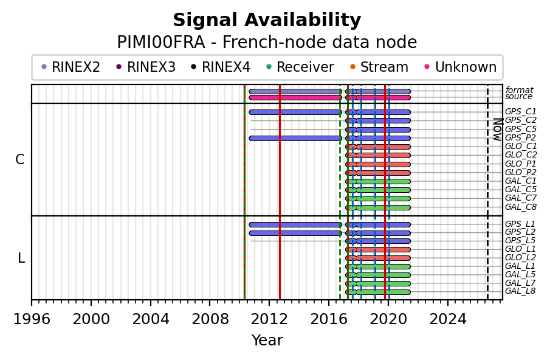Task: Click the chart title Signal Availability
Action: (x=267, y=20)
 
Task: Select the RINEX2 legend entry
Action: (x=71, y=67)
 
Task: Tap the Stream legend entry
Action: (x=379, y=67)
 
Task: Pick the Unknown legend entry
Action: (x=461, y=67)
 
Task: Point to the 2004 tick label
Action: (x=151, y=319)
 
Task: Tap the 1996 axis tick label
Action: (x=32, y=319)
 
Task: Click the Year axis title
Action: (x=267, y=340)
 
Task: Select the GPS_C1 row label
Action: (x=521, y=111)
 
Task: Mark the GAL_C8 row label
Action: (x=521, y=207)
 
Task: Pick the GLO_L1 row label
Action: (x=520, y=249)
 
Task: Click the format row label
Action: (x=519, y=90)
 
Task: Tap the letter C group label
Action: (x=20, y=160)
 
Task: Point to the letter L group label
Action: (x=21, y=258)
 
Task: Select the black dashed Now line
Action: (x=487, y=192)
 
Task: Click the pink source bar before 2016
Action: (x=295, y=97)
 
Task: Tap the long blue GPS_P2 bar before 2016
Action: (x=295, y=138)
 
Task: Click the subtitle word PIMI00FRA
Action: (x=161, y=43)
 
